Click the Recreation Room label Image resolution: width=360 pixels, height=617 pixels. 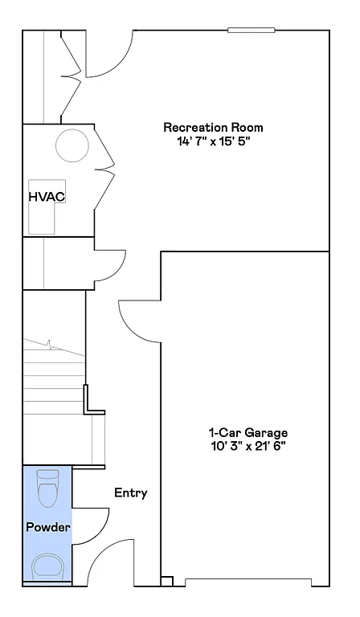coord(213,127)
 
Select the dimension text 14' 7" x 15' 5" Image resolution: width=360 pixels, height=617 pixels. coord(213,141)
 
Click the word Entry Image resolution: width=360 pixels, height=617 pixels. coord(130,492)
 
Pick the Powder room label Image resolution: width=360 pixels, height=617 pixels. coord(47,527)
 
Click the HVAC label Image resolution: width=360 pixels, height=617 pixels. coord(46,196)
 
